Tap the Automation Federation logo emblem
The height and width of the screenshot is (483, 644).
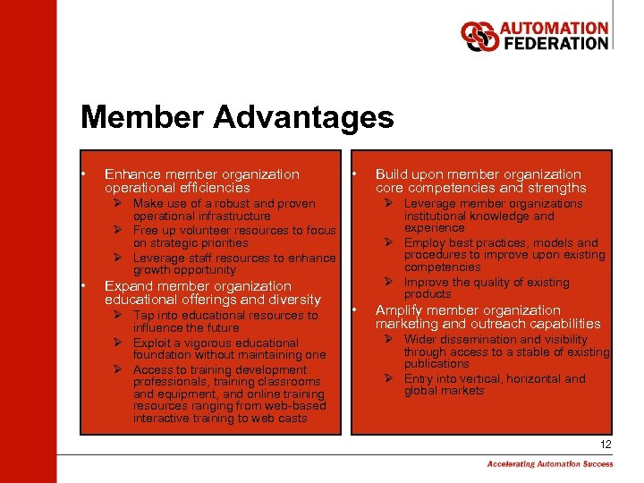479,36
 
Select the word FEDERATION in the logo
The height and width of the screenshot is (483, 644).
555,43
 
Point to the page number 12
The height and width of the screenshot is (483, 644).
606,445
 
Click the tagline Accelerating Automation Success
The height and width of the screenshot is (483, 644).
550,463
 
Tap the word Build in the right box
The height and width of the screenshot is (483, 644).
392,174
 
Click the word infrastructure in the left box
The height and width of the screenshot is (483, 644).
228,216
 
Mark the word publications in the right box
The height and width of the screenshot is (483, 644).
437,364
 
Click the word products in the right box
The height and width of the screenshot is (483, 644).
428,294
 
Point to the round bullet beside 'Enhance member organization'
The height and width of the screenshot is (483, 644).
83,174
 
